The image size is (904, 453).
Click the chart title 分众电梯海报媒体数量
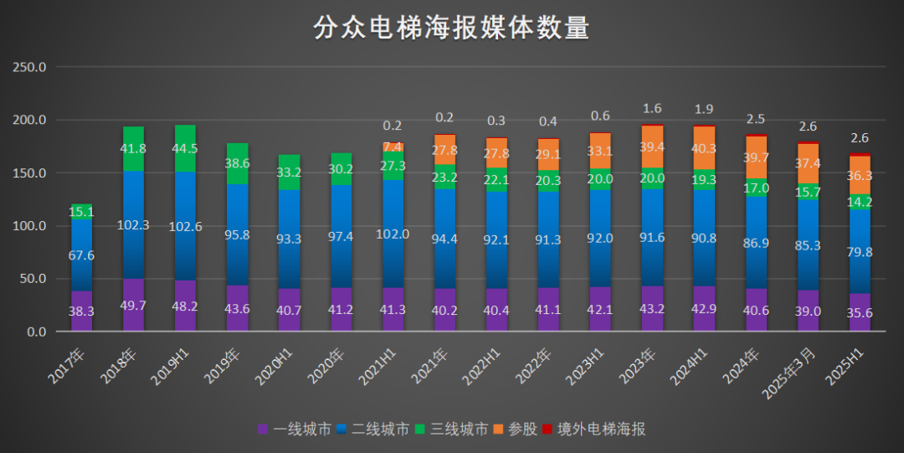[451, 28]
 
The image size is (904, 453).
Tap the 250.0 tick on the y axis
[30, 67]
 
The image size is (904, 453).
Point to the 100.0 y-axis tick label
[30, 226]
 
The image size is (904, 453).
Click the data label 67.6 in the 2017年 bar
[81, 255]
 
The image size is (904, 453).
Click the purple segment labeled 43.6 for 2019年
[237, 309]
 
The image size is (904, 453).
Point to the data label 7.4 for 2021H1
[393, 147]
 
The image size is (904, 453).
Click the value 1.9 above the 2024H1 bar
[704, 110]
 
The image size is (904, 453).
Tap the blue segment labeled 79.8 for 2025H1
[860, 252]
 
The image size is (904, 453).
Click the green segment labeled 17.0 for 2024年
[756, 188]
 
